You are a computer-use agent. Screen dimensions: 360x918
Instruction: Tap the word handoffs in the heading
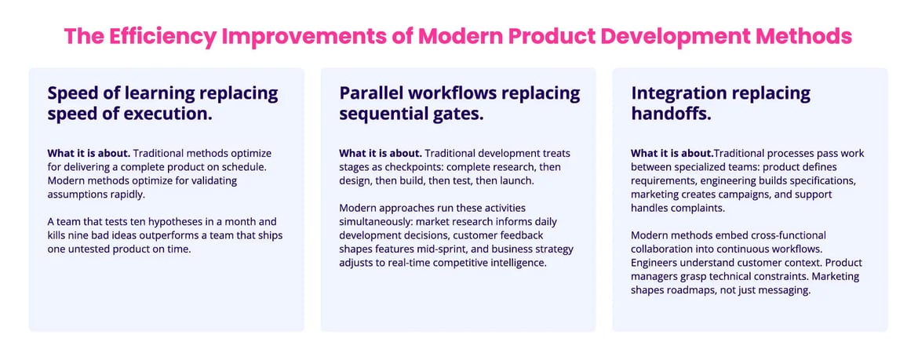click(x=672, y=114)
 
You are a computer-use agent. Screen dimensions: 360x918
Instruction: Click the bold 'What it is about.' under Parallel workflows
click(x=381, y=153)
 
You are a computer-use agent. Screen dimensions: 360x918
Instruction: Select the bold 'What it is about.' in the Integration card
click(x=672, y=153)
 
